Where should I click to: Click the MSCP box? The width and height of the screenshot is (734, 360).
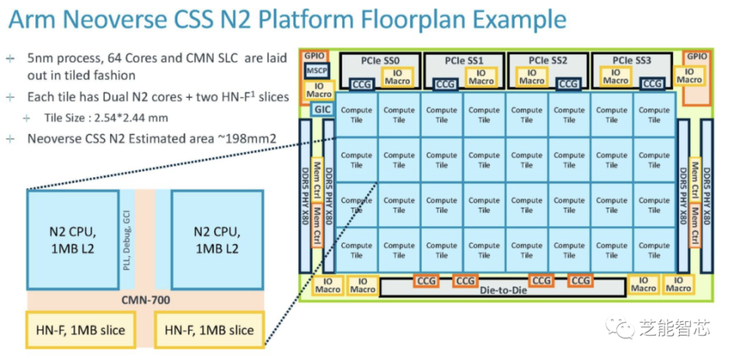pos(317,70)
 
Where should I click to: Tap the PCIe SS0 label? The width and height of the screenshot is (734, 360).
pos(380,60)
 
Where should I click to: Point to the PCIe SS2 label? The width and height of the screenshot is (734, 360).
pos(548,60)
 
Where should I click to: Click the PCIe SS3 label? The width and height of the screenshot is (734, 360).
pos(632,60)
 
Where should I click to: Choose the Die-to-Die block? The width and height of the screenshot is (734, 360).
pos(504,290)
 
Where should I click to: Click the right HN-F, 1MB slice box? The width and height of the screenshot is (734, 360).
pos(209,330)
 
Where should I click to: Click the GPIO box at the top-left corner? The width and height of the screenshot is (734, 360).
pos(315,56)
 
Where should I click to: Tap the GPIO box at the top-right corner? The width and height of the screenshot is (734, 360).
pos(696,56)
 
